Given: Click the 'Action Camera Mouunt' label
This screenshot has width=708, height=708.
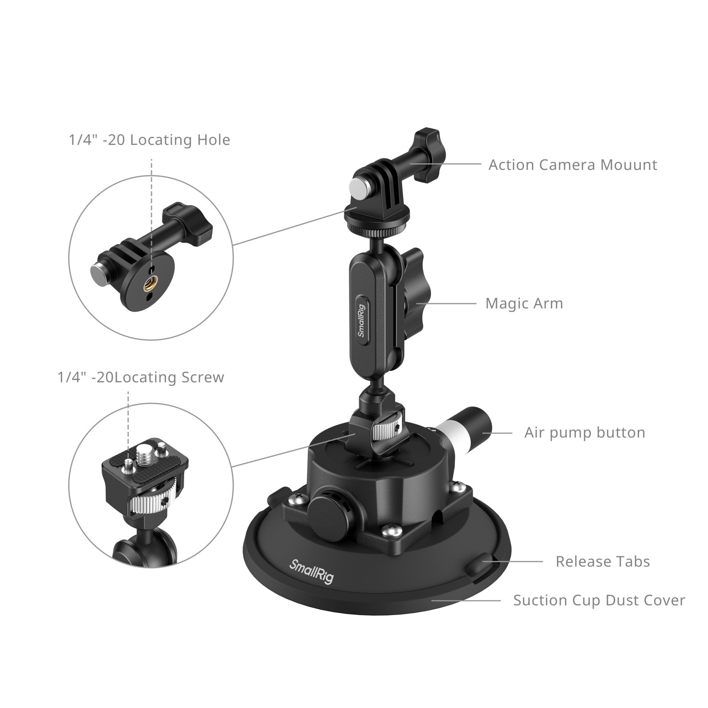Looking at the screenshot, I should [572, 165].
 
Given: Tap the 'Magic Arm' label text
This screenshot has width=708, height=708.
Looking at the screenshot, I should [524, 304].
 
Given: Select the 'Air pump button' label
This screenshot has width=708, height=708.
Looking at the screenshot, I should [584, 432].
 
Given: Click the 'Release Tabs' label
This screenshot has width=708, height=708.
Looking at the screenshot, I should [602, 562].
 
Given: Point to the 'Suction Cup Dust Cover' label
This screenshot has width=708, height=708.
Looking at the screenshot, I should [599, 600].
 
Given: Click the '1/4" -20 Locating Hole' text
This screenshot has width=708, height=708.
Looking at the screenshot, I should [149, 140].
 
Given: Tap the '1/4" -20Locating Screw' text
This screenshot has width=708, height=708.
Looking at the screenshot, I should [141, 377].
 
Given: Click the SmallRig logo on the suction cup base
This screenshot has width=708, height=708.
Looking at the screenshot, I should [311, 571].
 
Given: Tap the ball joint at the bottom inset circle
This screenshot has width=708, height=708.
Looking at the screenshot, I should [146, 549].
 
